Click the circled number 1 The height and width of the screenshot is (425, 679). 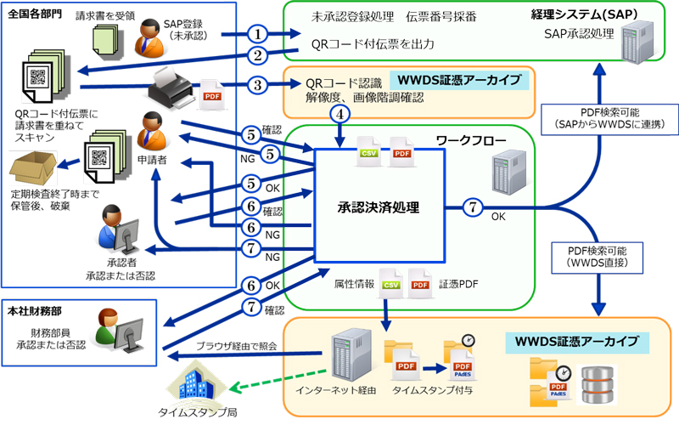coord(258,34)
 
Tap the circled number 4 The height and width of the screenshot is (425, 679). coord(340,115)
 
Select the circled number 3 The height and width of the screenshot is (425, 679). coord(258,85)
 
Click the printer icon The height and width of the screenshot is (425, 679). coord(171,89)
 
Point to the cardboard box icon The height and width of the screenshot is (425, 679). coord(33,168)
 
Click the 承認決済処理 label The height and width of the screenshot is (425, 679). coord(379,207)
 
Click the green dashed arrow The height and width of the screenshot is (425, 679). coord(278,379)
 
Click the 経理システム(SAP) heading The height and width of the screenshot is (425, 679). coord(584,14)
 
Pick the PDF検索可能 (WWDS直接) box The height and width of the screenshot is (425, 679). coord(598,258)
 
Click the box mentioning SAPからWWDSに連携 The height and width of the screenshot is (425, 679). coord(609,119)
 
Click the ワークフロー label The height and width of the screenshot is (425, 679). coord(471,140)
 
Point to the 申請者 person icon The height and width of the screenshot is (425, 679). coord(152,132)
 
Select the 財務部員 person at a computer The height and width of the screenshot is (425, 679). coord(120,331)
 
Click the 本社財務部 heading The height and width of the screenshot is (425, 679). coord(35,311)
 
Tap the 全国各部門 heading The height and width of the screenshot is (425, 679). coord(35,14)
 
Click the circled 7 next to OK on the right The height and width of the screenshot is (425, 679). coord(473,207)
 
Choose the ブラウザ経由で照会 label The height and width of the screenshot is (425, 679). coord(237,346)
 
